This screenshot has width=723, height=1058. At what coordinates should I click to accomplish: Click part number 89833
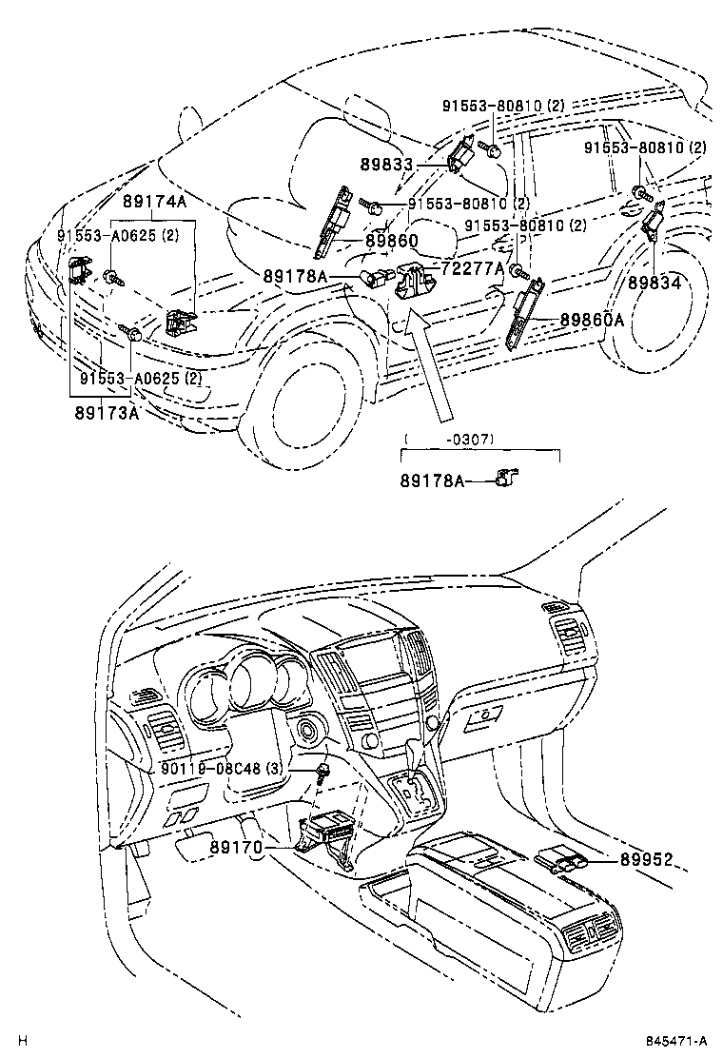click(x=386, y=165)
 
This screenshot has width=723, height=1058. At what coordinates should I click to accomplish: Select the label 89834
click(x=655, y=283)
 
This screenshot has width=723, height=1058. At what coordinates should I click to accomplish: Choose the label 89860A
click(x=592, y=320)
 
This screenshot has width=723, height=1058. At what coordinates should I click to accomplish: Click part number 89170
click(x=235, y=845)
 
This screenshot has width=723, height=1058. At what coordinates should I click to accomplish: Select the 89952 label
click(x=646, y=860)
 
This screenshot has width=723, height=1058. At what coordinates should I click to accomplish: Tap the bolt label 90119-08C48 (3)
click(x=219, y=767)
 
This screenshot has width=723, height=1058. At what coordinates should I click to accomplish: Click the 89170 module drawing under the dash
click(x=328, y=837)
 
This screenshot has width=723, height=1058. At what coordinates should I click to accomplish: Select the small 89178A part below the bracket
click(x=503, y=477)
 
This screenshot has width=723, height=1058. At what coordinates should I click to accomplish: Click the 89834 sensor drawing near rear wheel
click(x=654, y=224)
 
